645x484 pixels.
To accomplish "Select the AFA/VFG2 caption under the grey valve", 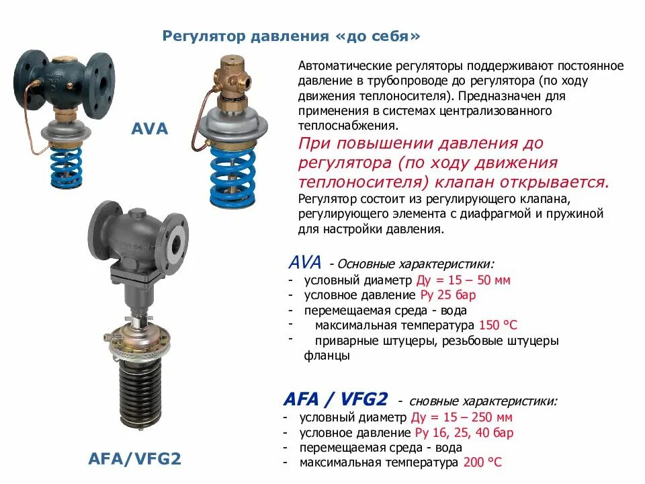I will coord(135,459).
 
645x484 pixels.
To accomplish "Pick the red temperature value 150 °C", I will coord(498,326).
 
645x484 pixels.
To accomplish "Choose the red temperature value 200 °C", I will coord(482,462).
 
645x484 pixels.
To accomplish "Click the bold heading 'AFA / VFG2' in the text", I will coord(335,399).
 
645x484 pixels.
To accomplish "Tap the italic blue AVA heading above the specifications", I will coord(304,261).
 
